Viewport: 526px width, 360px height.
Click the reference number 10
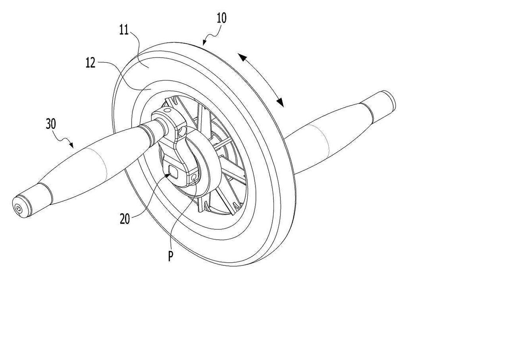[x=221, y=18]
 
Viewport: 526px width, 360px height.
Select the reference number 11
[x=124, y=30]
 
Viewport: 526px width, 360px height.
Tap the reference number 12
[x=90, y=63]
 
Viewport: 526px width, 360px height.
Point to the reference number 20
[x=124, y=219]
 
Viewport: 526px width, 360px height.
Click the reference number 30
[x=51, y=124]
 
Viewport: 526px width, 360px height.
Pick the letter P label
[x=171, y=256]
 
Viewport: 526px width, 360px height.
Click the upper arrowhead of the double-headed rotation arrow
[x=242, y=58]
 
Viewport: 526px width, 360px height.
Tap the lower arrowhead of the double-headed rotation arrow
[x=280, y=102]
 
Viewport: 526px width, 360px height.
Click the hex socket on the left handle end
[x=18, y=208]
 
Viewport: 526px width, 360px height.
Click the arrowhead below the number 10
[x=204, y=43]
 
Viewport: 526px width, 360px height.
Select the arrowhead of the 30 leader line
[x=71, y=145]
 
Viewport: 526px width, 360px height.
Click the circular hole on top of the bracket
[x=167, y=110]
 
